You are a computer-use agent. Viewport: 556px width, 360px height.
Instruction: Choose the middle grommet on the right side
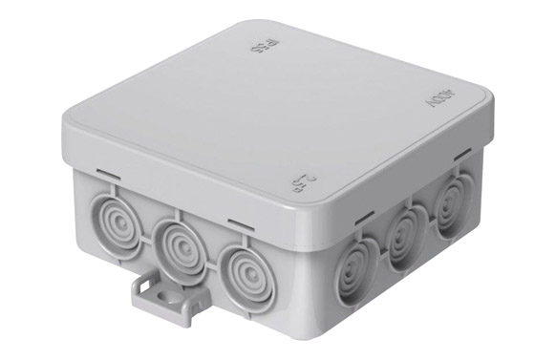tap(404, 235)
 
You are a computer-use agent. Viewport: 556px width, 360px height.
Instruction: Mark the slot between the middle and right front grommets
tap(237, 225)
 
